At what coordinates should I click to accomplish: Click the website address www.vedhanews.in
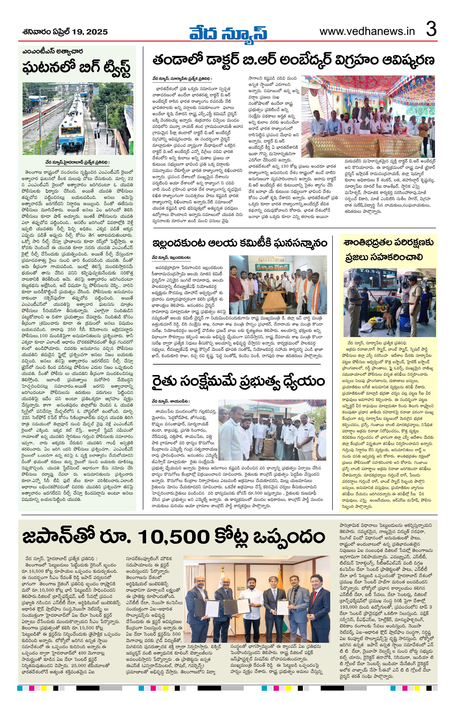coord(367,31)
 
